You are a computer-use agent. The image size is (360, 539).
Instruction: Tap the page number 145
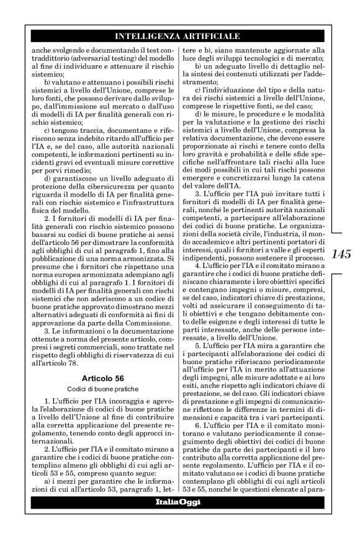pos(342,254)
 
